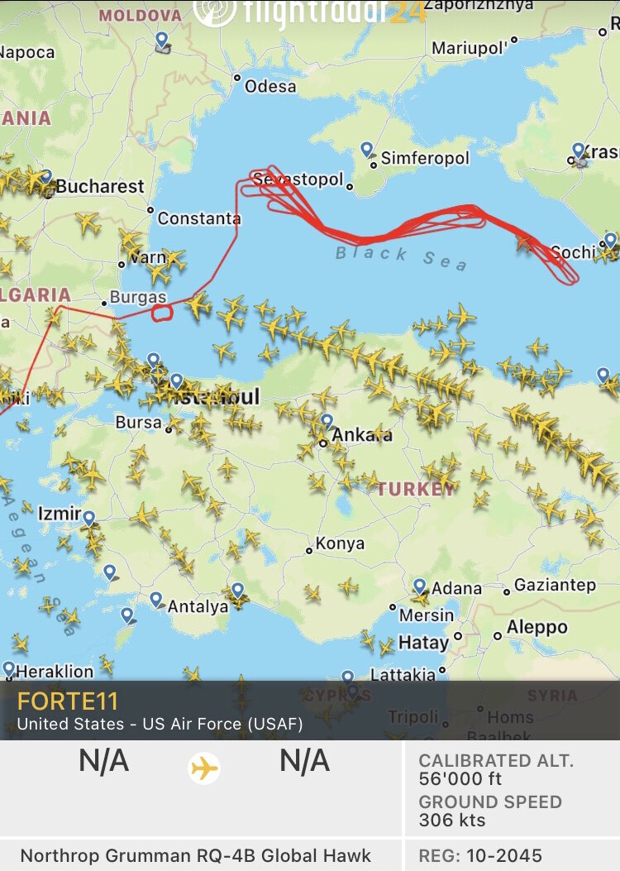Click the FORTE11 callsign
click(x=68, y=701)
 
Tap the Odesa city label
click(x=270, y=86)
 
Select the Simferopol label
click(x=425, y=158)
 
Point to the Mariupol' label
click(x=469, y=48)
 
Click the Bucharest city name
click(x=100, y=186)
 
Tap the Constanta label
click(x=199, y=218)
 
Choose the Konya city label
click(x=340, y=543)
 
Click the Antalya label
click(x=198, y=606)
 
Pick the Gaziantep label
click(x=555, y=585)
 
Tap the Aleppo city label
click(x=537, y=627)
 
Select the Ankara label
click(x=362, y=434)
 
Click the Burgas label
click(x=139, y=297)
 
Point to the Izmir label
click(x=60, y=513)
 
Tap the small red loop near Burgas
click(x=162, y=312)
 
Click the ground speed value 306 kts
click(x=452, y=821)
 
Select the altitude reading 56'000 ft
click(x=460, y=778)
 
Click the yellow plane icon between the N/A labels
click(x=204, y=768)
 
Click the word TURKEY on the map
click(x=416, y=488)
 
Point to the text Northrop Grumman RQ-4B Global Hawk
click(x=196, y=855)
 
